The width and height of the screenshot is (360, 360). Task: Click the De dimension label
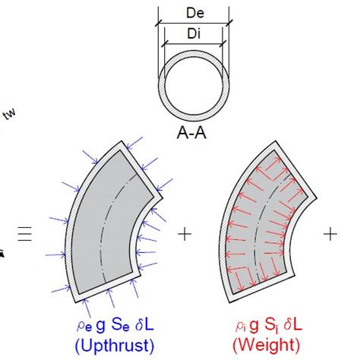(x=195, y=13)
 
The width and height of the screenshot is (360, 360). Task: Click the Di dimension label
(x=194, y=33)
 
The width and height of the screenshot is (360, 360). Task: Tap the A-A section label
(x=191, y=133)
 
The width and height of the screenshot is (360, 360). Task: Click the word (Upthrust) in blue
(x=115, y=346)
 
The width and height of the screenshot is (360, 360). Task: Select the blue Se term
(x=120, y=325)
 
